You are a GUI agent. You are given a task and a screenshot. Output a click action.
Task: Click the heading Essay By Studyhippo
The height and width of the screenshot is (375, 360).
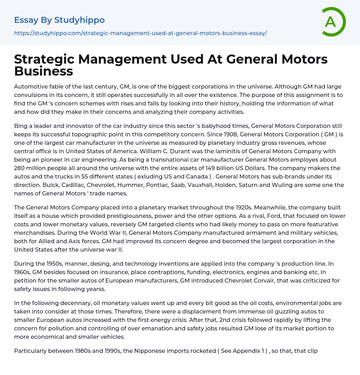point(59,20)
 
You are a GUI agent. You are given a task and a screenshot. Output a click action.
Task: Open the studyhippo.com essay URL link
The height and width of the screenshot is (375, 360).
point(140,33)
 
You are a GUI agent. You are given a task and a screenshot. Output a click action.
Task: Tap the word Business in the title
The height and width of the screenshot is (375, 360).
point(44,71)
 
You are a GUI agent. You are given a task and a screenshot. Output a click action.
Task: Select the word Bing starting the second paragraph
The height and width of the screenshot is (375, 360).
point(21,126)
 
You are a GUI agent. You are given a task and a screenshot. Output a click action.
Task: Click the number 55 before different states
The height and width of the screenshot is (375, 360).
point(118,176)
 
